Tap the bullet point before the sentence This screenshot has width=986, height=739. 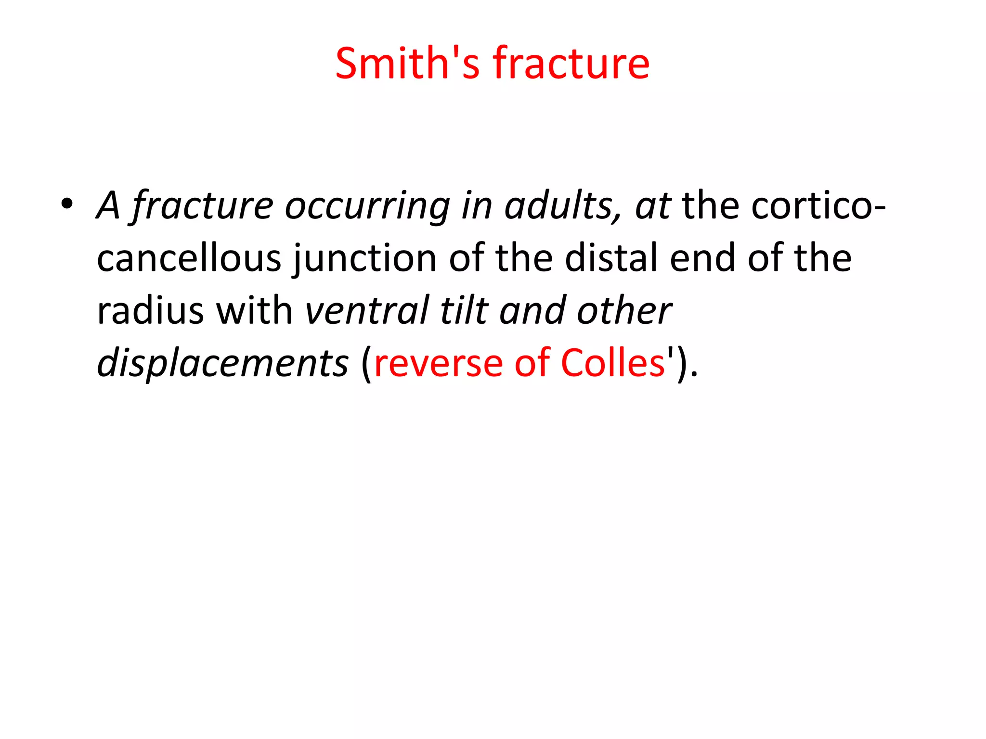pyautogui.click(x=67, y=204)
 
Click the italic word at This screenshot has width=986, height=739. pyautogui.click(x=653, y=206)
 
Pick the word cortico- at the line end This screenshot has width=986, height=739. pyautogui.click(x=818, y=206)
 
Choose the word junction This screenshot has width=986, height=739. pyautogui.click(x=365, y=259)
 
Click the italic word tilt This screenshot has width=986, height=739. pyautogui.click(x=464, y=310)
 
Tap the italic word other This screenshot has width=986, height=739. pyautogui.click(x=624, y=310)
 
